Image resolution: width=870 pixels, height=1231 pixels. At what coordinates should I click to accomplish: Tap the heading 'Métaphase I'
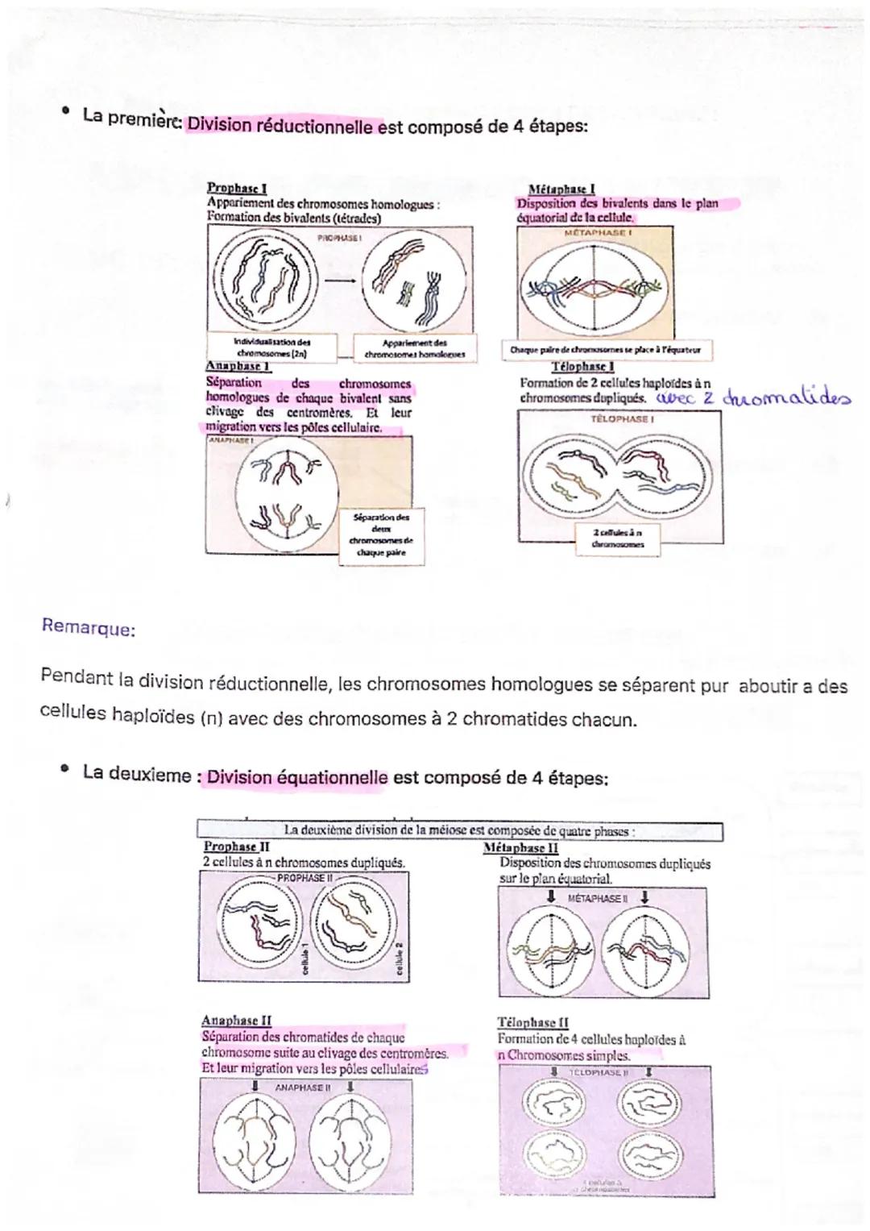[561, 189]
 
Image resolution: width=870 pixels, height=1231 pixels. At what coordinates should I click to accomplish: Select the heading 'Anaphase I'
[238, 367]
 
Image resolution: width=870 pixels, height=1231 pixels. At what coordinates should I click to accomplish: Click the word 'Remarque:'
[88, 629]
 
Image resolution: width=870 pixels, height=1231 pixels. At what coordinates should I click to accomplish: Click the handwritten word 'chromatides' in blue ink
[786, 398]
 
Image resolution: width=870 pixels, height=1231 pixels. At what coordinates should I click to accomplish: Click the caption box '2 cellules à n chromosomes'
[616, 538]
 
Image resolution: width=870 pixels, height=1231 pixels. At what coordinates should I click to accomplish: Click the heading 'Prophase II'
[236, 846]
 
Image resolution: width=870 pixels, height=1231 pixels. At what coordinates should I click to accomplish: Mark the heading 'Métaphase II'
[520, 848]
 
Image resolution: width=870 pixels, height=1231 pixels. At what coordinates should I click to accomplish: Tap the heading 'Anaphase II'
[236, 1021]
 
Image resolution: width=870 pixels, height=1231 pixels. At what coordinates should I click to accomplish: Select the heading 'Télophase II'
[532, 1022]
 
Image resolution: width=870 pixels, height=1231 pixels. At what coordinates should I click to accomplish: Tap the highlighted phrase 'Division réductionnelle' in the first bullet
[280, 127]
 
